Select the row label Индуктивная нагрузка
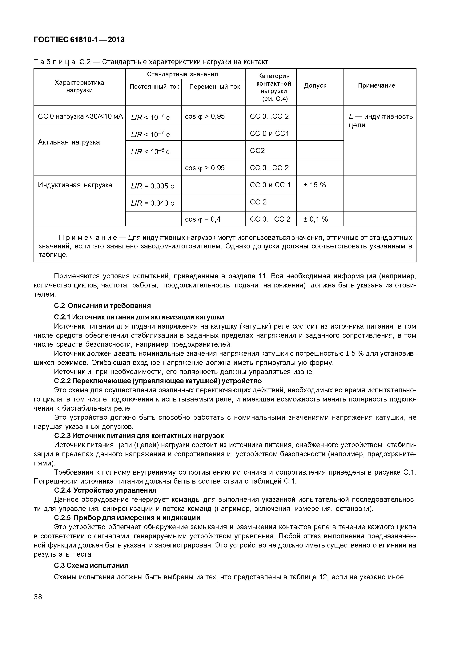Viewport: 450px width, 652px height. pyautogui.click(x=75, y=185)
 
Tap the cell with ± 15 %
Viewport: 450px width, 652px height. pyautogui.click(x=315, y=185)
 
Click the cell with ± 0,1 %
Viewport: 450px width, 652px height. pyautogui.click(x=315, y=219)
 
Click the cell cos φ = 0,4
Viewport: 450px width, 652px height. pyautogui.click(x=203, y=219)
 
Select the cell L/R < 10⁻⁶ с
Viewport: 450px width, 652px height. pyautogui.click(x=150, y=152)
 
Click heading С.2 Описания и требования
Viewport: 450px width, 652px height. pyautogui.click(x=102, y=306)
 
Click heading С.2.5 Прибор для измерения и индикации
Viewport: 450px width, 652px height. pyautogui.click(x=127, y=518)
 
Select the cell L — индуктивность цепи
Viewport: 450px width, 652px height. pyautogui.click(x=380, y=121)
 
